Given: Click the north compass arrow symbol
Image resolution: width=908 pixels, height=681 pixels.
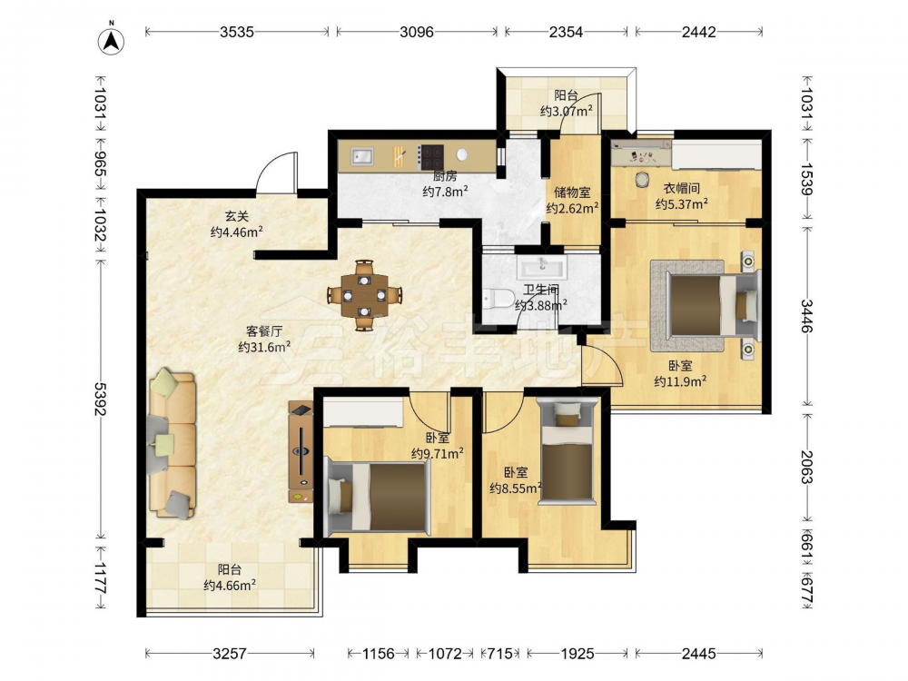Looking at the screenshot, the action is [x=111, y=39].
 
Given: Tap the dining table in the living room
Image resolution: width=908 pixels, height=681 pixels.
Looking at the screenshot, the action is [x=364, y=295].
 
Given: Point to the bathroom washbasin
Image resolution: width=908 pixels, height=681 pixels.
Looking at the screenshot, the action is [x=543, y=267].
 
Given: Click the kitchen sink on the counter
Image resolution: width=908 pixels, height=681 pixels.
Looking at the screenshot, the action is [x=362, y=156].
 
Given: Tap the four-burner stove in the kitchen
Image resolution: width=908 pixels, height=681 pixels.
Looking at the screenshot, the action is [x=432, y=156].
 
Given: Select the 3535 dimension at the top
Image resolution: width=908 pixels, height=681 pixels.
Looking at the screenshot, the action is [x=237, y=32].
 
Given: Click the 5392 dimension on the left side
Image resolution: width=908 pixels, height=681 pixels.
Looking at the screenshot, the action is [x=101, y=399].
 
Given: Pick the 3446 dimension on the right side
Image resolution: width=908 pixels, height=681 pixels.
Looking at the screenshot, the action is [x=807, y=316].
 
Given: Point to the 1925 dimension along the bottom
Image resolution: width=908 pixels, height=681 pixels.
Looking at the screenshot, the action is [x=577, y=654].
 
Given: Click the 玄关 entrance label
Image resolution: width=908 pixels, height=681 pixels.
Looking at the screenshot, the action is [x=237, y=217].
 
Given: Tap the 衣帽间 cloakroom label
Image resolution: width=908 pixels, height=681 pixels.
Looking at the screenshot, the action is [x=682, y=188].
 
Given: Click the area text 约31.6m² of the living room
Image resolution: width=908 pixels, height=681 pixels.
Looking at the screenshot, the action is [x=264, y=347].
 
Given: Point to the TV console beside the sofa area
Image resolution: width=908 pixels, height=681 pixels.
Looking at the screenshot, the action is [x=301, y=451].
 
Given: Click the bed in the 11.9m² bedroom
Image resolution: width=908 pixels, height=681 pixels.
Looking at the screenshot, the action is [x=712, y=304].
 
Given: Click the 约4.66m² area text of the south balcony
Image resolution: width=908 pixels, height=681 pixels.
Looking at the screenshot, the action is [x=230, y=586].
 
